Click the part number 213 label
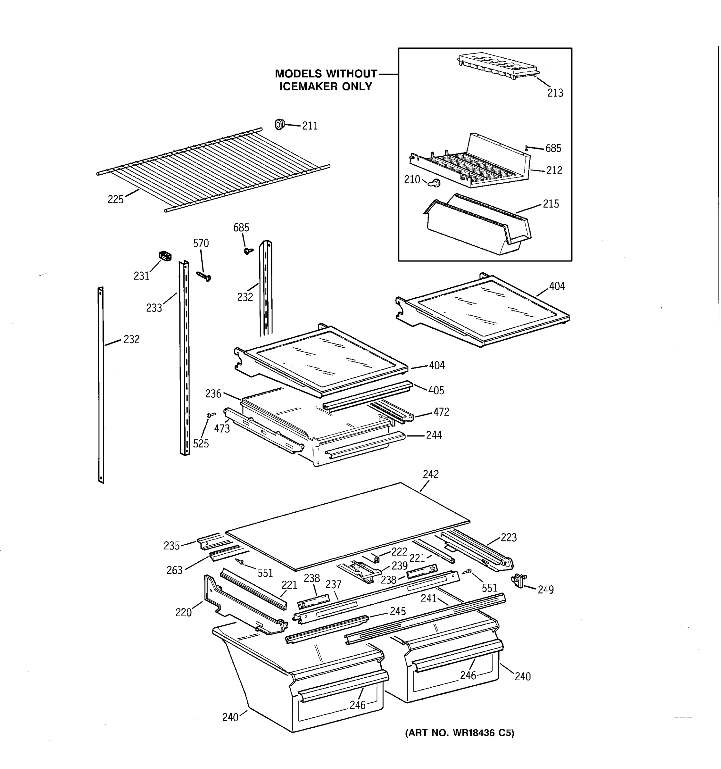coord(555,93)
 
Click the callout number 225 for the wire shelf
coord(115,200)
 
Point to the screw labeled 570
coord(204,276)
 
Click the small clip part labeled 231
coord(165,256)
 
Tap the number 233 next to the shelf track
coord(153,308)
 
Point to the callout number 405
coord(436,390)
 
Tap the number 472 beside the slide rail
coord(441,412)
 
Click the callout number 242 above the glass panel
coord(430,474)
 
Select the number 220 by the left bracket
coord(183,612)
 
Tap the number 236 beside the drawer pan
coord(213,394)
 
